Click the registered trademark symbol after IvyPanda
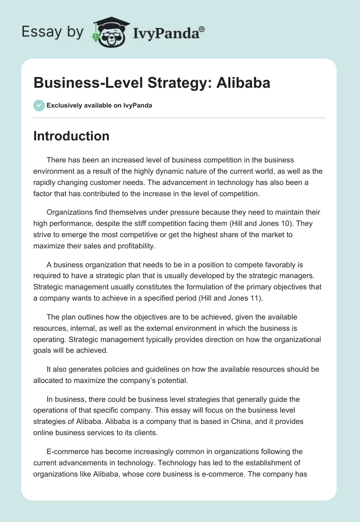pyautogui.click(x=202, y=29)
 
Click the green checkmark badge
pyautogui.click(x=39, y=105)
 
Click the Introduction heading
pyautogui.click(x=71, y=136)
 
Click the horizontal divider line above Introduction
pyautogui.click(x=179, y=118)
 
